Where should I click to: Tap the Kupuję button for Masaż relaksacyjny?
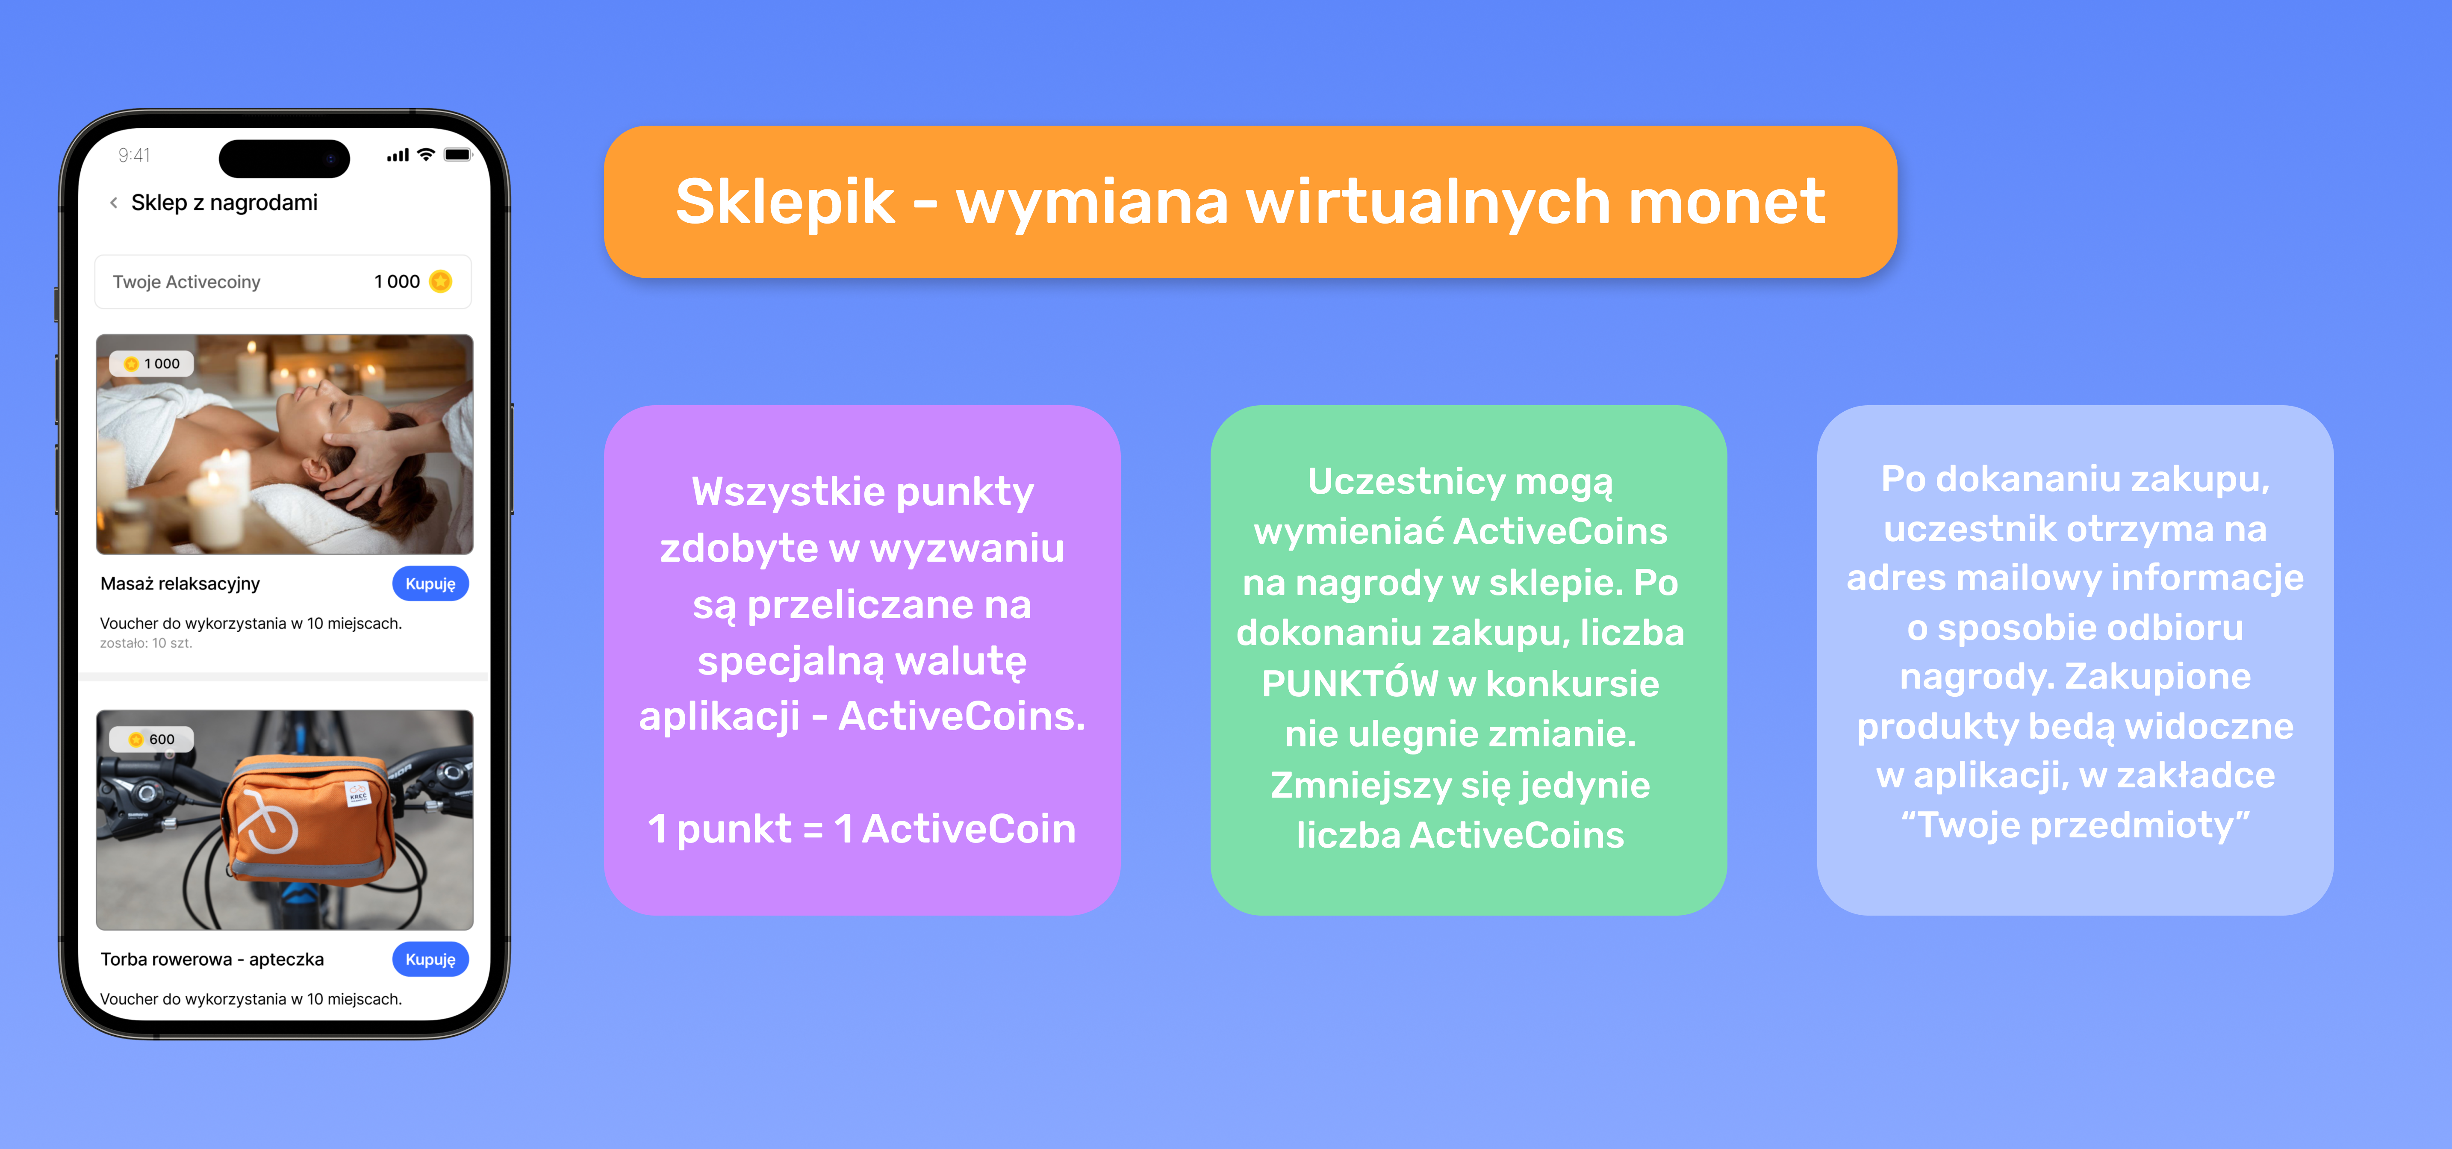[430, 583]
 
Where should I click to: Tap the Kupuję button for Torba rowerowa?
[430, 960]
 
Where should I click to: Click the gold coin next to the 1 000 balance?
[441, 282]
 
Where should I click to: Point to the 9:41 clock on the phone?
[134, 155]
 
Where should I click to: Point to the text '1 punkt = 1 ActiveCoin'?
[861, 828]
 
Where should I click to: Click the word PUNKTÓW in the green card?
[1350, 684]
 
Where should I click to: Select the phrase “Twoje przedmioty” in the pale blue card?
[2075, 825]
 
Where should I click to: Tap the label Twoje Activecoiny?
[186, 282]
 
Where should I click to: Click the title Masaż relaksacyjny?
[180, 583]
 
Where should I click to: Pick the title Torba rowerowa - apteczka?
[212, 960]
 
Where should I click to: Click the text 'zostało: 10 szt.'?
[146, 643]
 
